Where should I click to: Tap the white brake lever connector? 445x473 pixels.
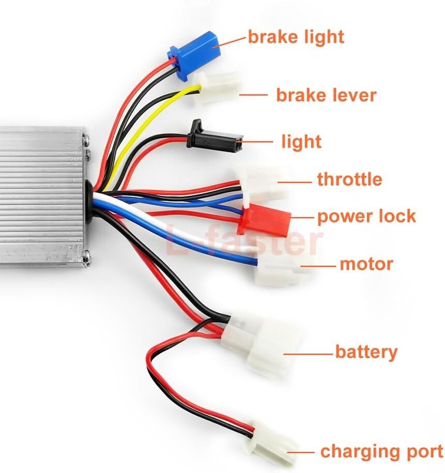[219, 87]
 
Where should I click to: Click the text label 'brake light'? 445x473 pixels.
[296, 37]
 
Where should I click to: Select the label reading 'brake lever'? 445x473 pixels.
[326, 95]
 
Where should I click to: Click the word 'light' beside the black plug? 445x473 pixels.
[301, 142]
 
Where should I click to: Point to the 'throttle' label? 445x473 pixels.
[349, 179]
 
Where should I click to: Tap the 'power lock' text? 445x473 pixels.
[366, 216]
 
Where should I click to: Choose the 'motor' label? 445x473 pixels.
[366, 264]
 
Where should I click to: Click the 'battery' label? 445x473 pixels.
[366, 352]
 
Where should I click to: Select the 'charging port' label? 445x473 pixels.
[381, 451]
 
